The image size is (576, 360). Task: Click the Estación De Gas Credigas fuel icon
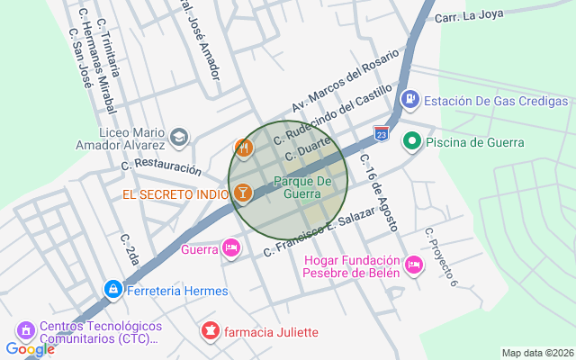click(x=409, y=98)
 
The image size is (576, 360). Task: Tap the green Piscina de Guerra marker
click(x=412, y=140)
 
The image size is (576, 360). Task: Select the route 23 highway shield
click(x=382, y=133)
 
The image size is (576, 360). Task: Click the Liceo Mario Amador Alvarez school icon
click(x=179, y=137)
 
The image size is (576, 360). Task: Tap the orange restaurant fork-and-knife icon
click(x=242, y=147)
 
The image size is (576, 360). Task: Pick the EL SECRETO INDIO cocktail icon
click(x=242, y=193)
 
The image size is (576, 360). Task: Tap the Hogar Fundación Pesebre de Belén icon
click(x=413, y=264)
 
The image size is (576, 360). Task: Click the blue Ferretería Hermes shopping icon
click(x=112, y=290)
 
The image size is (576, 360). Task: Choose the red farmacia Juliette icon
click(x=211, y=331)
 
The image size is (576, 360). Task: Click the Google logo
click(x=30, y=349)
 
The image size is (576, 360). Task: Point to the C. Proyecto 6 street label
click(x=442, y=256)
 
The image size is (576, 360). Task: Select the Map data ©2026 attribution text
click(x=536, y=353)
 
